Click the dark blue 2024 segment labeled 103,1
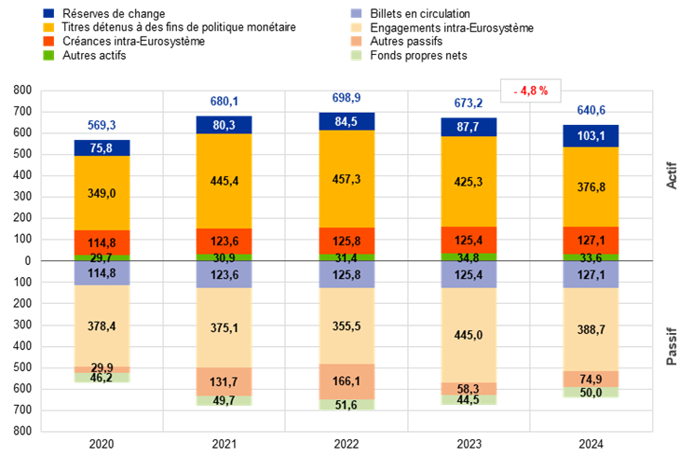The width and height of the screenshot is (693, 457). point(591,136)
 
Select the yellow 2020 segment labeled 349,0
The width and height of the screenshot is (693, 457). point(102,193)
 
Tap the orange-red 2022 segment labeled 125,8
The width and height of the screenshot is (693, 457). point(346,242)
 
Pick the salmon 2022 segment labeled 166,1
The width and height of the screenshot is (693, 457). point(346,381)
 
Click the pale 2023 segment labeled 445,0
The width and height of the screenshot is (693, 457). point(469,336)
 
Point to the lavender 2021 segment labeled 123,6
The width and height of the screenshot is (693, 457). point(224,274)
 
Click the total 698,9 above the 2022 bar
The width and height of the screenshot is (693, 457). point(346,98)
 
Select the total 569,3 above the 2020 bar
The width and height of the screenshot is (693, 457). point(102,125)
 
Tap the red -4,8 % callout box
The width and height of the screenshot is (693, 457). point(530,90)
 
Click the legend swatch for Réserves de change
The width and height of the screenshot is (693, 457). point(48,13)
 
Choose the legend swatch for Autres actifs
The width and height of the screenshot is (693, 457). point(48,55)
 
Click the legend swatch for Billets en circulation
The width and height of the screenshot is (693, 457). point(356,13)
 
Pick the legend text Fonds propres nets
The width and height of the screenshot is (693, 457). point(418,55)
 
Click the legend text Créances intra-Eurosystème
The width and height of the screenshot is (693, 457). point(133,41)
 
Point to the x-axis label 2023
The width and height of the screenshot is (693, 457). point(469,444)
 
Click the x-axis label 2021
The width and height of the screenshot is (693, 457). point(224,444)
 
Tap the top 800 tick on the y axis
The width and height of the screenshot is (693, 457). point(22,90)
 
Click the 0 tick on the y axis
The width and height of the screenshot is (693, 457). point(28,261)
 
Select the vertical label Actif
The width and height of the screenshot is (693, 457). point(672,175)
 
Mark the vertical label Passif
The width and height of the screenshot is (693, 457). point(672,346)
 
